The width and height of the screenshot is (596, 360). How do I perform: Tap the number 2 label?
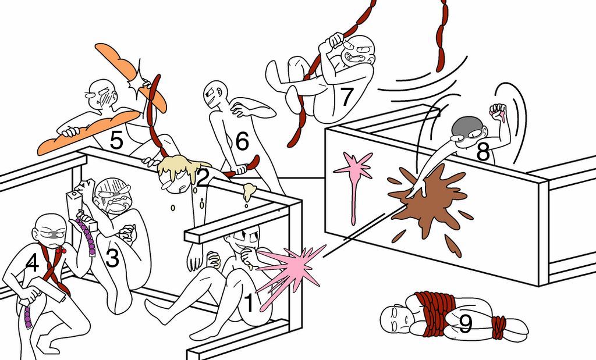(x=202, y=178)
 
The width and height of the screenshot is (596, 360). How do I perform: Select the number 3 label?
(x=112, y=257)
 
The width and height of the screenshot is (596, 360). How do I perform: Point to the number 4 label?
(x=31, y=265)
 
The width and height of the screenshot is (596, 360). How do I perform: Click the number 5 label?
(x=116, y=142)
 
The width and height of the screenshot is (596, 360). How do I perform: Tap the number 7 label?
(x=347, y=97)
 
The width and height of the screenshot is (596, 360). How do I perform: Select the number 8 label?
(x=483, y=152)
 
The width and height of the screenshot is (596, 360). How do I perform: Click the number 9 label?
(x=466, y=325)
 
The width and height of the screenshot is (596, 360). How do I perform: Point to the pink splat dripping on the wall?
(x=353, y=172)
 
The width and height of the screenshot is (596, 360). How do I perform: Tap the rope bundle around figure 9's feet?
(x=498, y=327)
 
